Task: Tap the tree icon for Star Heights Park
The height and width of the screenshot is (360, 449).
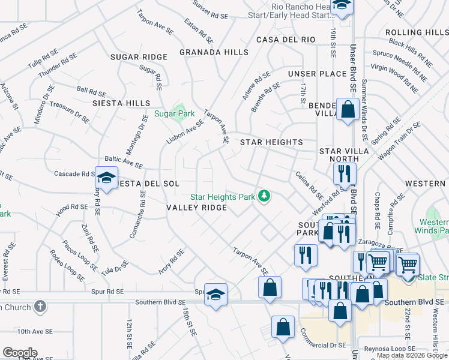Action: (264, 196)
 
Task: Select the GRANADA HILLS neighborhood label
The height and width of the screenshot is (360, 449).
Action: (214, 52)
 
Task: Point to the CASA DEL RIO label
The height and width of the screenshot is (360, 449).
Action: (286, 40)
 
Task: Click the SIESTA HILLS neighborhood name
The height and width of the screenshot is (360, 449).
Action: (121, 103)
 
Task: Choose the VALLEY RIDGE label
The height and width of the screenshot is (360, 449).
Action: (196, 208)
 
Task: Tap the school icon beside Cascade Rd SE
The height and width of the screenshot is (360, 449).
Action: (106, 178)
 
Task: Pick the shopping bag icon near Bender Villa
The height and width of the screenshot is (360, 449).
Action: (348, 109)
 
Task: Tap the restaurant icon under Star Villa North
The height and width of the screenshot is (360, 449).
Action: (345, 174)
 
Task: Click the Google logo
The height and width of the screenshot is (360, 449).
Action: (20, 352)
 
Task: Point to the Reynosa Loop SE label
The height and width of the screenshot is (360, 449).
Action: (396, 348)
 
